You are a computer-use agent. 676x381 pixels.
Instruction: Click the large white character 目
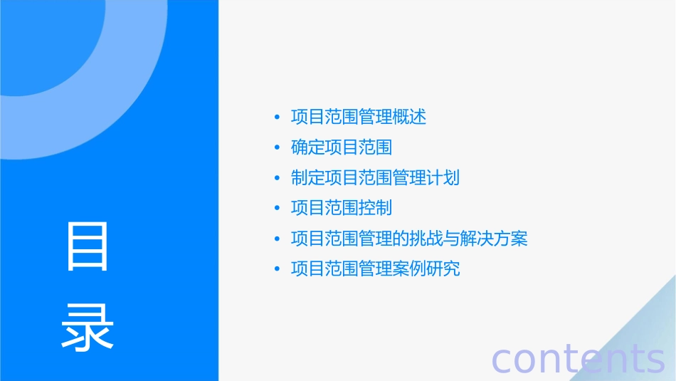(88, 246)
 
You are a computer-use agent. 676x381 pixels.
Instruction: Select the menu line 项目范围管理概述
(359, 117)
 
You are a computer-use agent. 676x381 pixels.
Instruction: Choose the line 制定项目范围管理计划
(375, 177)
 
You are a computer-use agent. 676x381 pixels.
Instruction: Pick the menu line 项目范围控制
(342, 208)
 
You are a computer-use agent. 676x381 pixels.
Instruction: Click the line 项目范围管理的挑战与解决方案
(409, 238)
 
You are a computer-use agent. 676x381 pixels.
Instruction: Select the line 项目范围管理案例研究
(375, 268)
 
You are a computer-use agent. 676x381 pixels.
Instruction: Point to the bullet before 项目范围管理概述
(277, 118)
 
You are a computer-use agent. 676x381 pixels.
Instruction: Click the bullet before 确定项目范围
(277, 147)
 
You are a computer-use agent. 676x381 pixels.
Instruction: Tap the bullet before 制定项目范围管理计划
(277, 178)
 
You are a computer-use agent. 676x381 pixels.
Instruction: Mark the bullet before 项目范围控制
(277, 208)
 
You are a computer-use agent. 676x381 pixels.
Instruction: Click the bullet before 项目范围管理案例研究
(277, 269)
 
